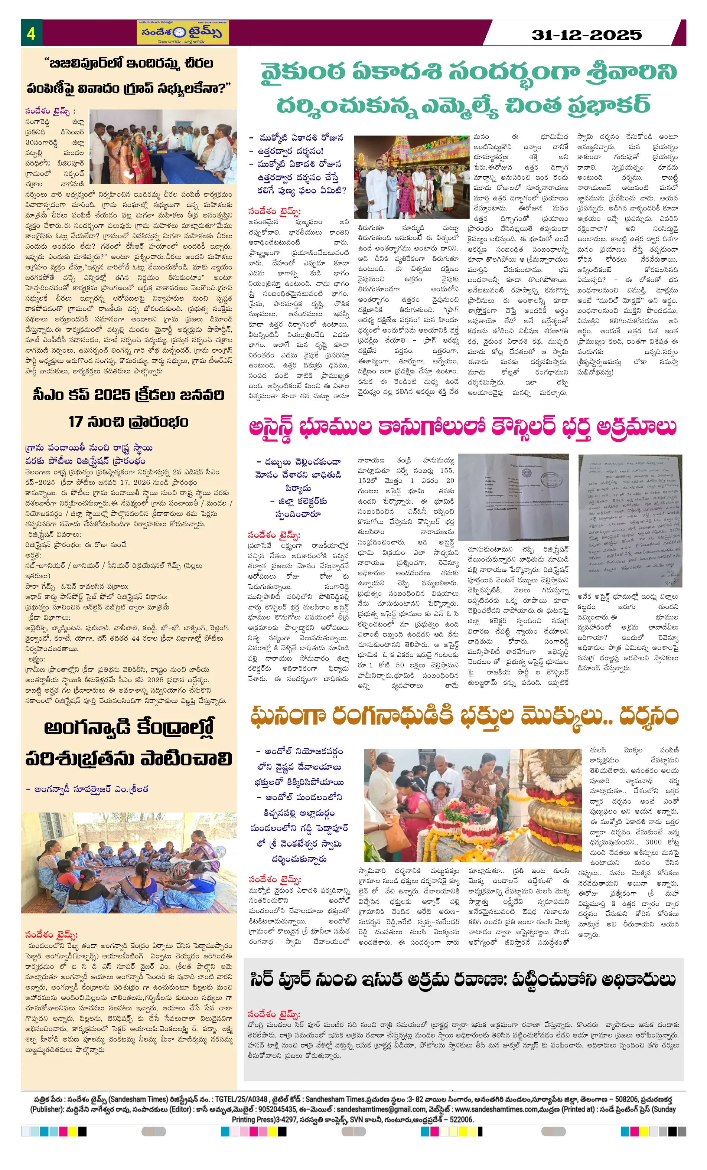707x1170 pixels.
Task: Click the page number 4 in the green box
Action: pos(31,33)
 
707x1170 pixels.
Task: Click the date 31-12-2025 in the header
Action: pos(586,35)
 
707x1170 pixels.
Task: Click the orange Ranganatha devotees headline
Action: pos(464,716)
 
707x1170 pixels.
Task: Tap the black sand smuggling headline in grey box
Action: pos(463,980)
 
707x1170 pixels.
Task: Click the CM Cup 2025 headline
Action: pos(128,408)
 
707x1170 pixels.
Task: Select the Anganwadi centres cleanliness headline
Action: pos(128,743)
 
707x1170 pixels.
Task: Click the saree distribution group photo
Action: pos(163,147)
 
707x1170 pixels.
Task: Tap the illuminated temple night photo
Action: pos(411,177)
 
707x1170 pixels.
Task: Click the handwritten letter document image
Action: pos(629,520)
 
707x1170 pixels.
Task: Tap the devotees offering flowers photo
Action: pos(472,805)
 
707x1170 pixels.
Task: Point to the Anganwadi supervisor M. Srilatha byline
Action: pos(87,789)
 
